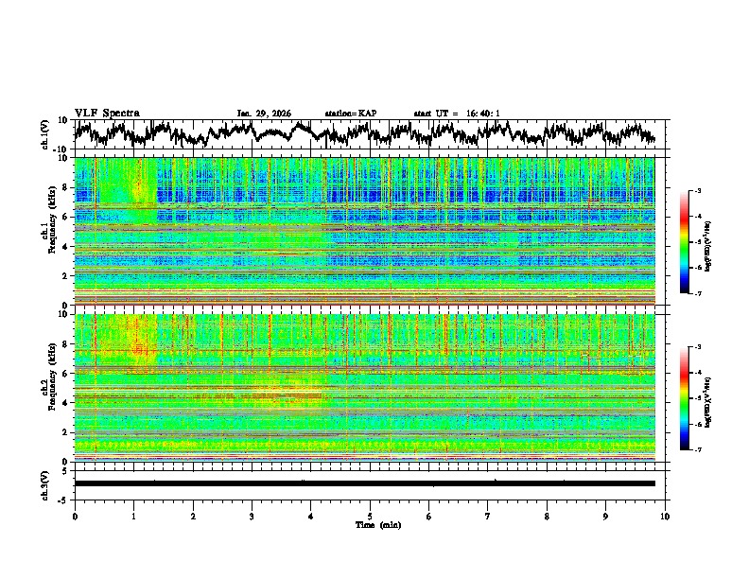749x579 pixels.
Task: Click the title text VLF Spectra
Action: point(107,113)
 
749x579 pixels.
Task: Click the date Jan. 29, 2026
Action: point(264,114)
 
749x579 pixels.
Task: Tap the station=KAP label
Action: point(351,114)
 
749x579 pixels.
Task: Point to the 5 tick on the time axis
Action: point(370,516)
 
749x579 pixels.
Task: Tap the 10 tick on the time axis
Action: point(665,516)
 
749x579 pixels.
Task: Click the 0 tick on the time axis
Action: point(75,516)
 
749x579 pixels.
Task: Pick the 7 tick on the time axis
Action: point(488,516)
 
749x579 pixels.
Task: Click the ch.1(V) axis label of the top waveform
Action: point(46,134)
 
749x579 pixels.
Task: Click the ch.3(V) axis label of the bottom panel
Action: point(46,483)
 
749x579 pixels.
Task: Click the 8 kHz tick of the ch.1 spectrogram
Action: point(66,188)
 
